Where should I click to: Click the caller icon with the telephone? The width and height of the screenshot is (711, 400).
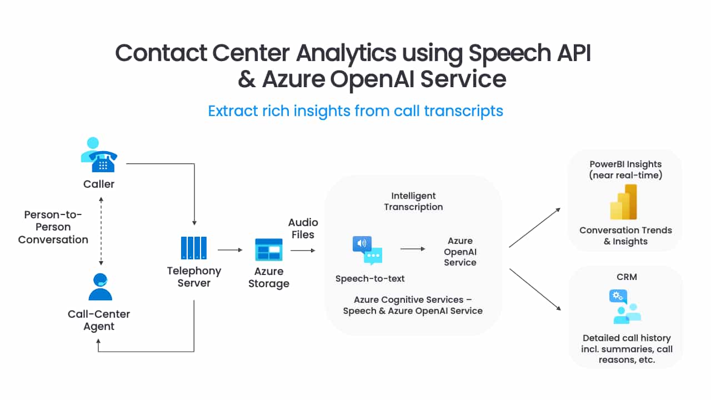click(98, 156)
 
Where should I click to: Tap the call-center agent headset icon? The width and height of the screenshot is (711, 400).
click(100, 287)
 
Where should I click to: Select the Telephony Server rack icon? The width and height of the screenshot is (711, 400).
click(194, 248)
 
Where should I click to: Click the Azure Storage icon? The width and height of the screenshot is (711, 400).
click(269, 249)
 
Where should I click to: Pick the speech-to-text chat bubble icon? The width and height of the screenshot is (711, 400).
click(367, 251)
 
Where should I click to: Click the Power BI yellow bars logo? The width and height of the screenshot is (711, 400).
click(624, 202)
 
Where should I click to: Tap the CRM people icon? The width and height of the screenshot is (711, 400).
click(626, 307)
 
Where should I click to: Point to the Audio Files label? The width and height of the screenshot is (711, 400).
click(303, 228)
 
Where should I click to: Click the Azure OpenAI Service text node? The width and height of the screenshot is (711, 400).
click(460, 252)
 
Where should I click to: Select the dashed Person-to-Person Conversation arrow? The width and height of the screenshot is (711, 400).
click(101, 227)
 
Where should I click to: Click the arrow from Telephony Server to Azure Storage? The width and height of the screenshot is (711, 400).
click(230, 250)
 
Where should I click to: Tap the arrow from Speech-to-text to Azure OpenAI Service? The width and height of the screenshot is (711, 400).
click(413, 249)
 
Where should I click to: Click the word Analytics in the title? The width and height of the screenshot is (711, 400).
click(346, 53)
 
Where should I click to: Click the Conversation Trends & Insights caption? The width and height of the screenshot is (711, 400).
click(625, 236)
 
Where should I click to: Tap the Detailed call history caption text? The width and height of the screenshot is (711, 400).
click(627, 348)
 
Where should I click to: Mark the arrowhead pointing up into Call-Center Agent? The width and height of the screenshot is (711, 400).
click(99, 343)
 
